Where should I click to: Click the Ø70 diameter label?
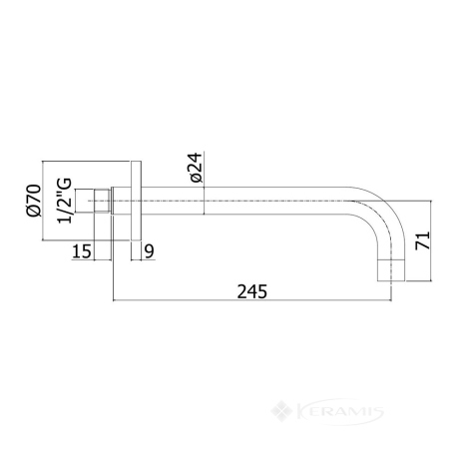(x=34, y=201)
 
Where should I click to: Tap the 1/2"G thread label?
(x=65, y=201)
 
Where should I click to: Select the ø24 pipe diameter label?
(x=196, y=168)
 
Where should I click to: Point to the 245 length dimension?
(x=251, y=291)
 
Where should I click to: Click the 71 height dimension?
(x=423, y=240)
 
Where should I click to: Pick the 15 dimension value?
(x=82, y=251)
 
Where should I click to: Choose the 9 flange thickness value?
(x=150, y=251)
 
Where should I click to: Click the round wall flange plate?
(x=136, y=201)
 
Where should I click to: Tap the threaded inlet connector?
(x=103, y=201)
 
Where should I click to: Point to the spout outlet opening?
(x=391, y=280)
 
